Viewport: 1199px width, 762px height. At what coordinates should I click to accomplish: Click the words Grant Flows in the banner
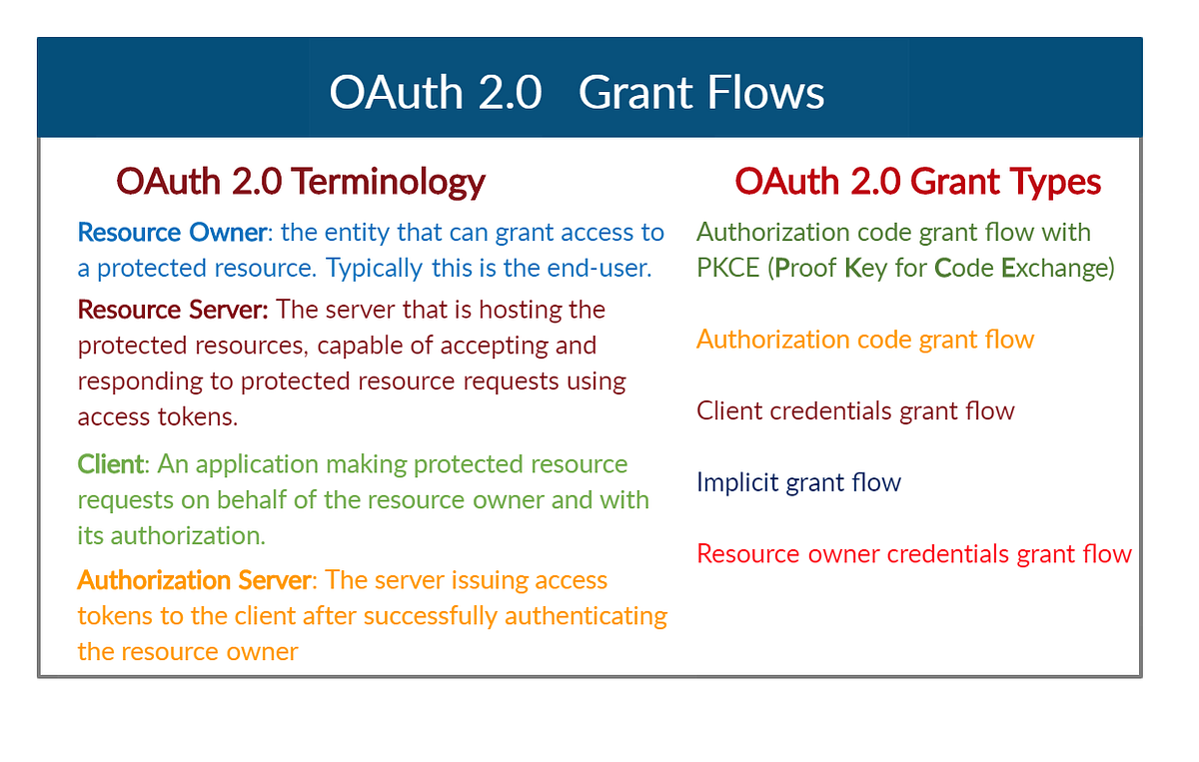pos(701,93)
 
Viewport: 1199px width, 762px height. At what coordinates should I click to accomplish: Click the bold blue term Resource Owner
pos(172,233)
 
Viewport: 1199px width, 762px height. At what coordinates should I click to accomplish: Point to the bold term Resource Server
pos(173,310)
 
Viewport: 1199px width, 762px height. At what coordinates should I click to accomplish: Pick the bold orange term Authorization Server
pos(196,580)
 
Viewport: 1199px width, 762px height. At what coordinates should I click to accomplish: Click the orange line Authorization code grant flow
pos(865,340)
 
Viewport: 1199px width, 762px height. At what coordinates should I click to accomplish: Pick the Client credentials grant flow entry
pos(855,410)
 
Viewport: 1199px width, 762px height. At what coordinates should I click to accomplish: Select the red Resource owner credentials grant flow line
pos(914,553)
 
